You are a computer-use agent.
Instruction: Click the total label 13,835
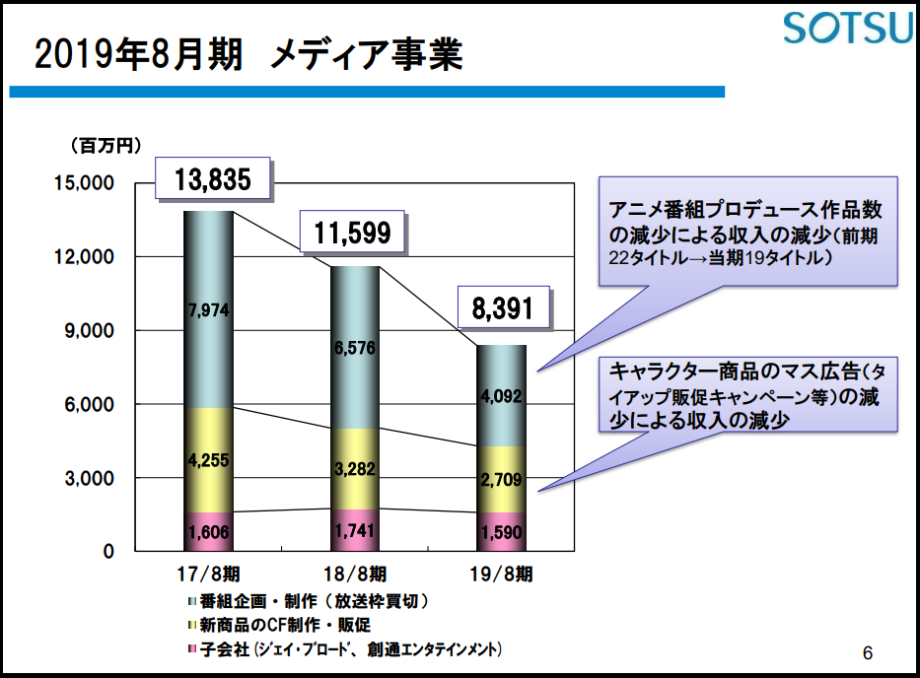(212, 178)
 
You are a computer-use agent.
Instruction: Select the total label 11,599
(352, 232)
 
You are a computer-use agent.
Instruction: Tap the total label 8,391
(503, 307)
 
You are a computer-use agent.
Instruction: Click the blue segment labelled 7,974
(208, 309)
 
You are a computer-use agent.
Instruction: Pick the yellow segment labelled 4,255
(208, 460)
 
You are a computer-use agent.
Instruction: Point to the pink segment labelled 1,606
(208, 532)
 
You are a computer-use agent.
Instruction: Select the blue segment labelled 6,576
(355, 348)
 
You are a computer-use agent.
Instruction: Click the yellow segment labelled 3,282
(355, 469)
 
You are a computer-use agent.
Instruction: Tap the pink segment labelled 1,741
(355, 530)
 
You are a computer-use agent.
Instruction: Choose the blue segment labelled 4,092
(501, 396)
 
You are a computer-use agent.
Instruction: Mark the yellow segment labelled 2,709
(501, 479)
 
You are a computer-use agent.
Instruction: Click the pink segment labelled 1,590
(501, 532)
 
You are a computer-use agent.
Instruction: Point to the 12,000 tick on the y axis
(85, 256)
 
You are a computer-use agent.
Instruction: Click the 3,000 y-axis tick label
(89, 478)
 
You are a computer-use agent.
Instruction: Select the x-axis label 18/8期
(355, 574)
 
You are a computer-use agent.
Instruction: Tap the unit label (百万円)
(106, 146)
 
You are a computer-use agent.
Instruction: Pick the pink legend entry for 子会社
(344, 649)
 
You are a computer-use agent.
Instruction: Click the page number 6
(868, 652)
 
